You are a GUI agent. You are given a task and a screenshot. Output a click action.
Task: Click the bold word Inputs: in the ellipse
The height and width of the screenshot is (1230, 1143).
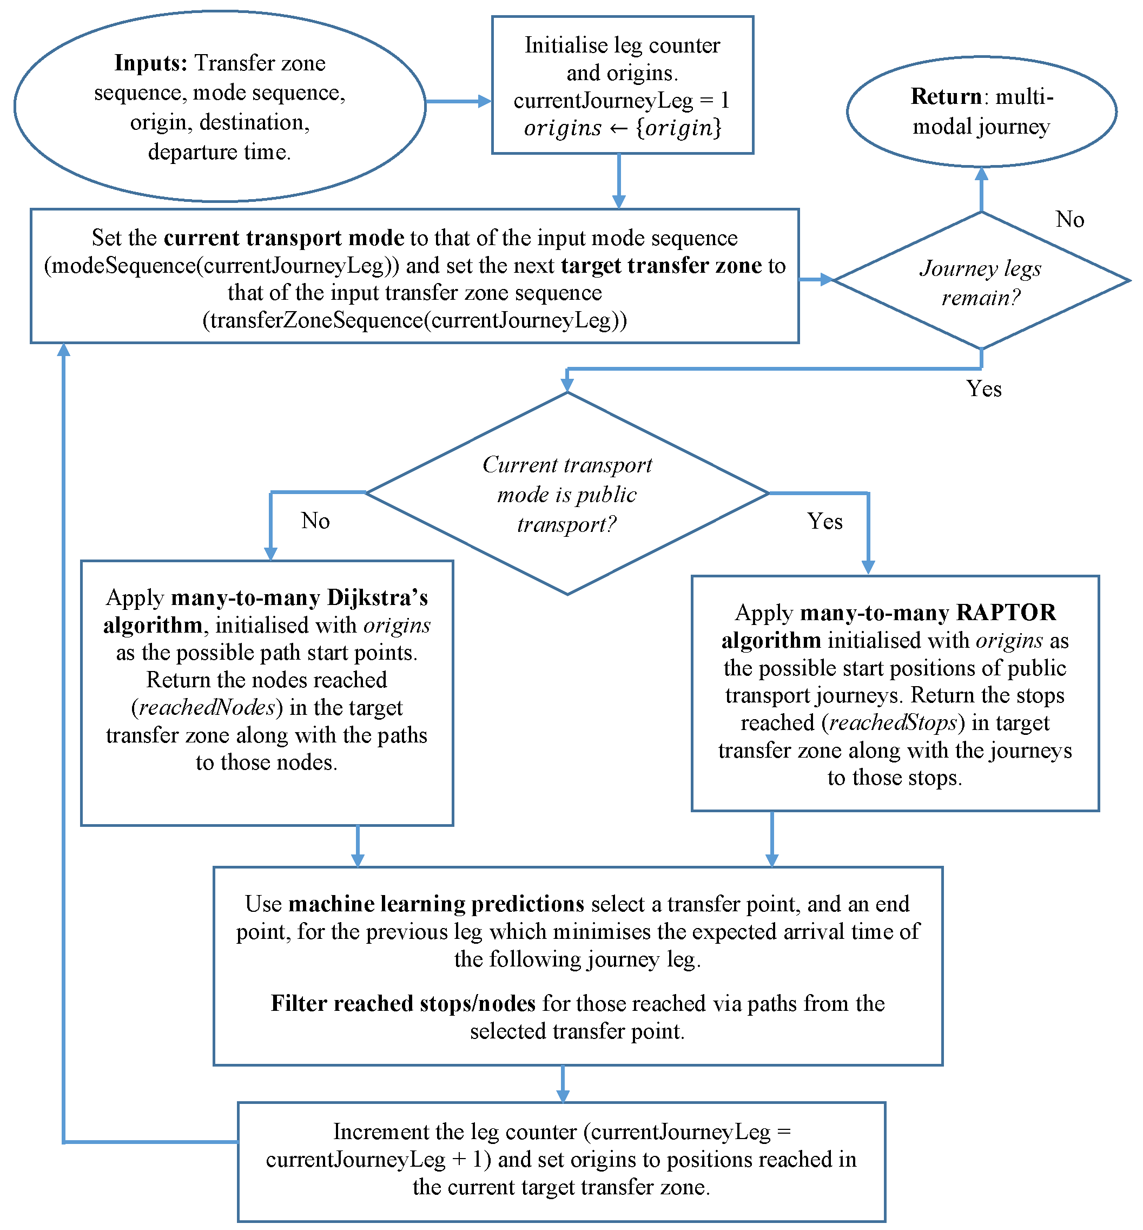150,63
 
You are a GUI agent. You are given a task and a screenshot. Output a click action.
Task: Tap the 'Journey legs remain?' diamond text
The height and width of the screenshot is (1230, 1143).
980,282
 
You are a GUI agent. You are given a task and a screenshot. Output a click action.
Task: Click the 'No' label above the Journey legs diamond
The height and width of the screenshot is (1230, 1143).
1069,220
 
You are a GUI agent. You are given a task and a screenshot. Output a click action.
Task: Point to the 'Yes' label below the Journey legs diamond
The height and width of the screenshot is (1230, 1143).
983,389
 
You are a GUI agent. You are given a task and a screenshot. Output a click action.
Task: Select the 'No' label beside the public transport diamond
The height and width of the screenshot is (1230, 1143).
315,521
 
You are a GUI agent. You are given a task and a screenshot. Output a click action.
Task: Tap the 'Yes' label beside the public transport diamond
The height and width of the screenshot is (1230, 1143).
824,521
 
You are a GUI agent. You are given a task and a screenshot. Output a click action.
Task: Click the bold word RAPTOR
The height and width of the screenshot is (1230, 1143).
1006,613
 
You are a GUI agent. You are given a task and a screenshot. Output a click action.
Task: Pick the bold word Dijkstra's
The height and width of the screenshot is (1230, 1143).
377,597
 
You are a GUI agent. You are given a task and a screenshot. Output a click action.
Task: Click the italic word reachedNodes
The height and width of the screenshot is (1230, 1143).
207,707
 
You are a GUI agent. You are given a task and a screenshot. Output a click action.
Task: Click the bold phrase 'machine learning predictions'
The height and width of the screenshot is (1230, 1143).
436,904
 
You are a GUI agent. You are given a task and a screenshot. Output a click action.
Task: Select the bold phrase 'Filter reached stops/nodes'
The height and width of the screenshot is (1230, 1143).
402,1004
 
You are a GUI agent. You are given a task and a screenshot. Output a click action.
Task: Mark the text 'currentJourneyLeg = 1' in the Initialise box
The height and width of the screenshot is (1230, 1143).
622,100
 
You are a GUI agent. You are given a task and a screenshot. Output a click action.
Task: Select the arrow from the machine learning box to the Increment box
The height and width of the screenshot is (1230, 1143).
562,1084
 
